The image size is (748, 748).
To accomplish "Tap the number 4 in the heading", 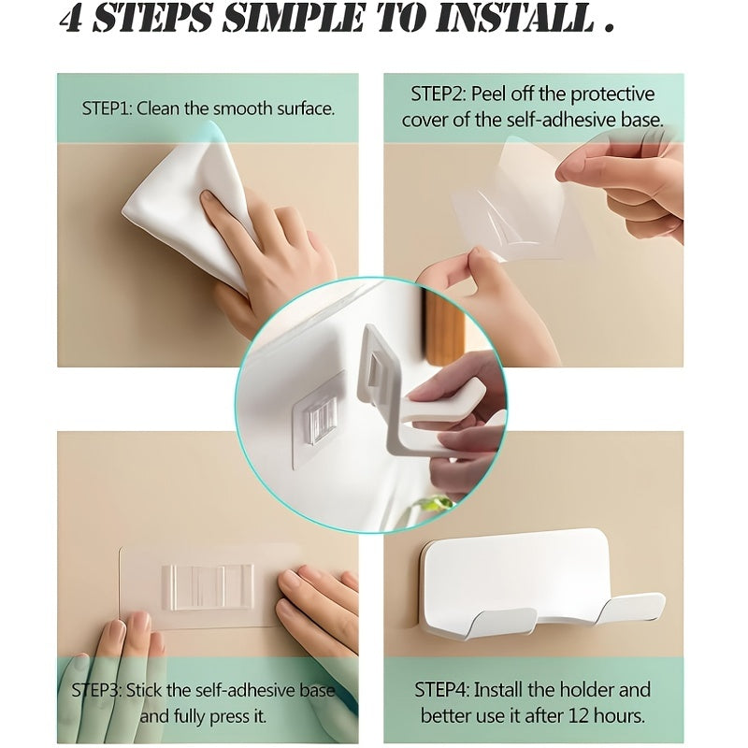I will tap(72, 19).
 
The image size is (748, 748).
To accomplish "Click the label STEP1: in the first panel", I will tap(108, 108).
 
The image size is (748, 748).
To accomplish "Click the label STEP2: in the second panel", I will tap(439, 94).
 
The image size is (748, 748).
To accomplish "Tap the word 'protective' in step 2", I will tap(612, 94).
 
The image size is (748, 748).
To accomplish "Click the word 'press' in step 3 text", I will tap(230, 717).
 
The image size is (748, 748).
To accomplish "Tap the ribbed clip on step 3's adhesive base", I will tap(207, 586).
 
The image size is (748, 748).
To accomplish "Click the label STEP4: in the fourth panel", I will tap(442, 691).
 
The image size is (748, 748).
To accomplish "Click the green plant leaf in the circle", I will tap(437, 504).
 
